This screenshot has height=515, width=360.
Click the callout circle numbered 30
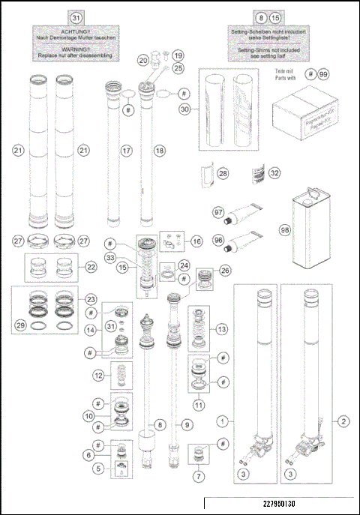coord(184,109)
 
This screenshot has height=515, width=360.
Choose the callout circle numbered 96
coord(218,241)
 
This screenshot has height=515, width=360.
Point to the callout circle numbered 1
coord(223,422)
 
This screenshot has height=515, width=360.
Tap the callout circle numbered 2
coord(343,422)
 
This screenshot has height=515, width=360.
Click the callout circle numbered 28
coord(222,173)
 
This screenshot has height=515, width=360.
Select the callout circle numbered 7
coord(198,475)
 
